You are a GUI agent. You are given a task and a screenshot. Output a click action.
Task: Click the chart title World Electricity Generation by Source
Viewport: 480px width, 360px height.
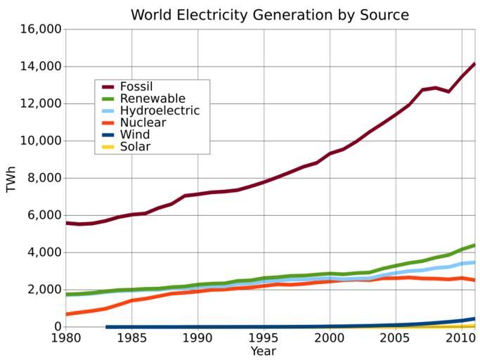(x=269, y=15)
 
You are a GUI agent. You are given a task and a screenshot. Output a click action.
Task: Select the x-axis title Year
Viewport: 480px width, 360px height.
(x=263, y=351)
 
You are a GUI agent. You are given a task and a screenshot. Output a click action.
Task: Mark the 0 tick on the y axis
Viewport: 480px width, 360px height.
(x=56, y=327)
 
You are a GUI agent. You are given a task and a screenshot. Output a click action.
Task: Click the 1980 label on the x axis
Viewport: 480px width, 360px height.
(x=65, y=339)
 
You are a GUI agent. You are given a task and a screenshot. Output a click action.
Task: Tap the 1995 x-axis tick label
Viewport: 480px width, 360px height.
(x=264, y=339)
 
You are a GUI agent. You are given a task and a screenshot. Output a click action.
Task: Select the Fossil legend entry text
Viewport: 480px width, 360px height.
(x=136, y=86)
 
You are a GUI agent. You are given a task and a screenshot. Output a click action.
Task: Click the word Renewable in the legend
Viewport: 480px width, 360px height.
(x=153, y=98)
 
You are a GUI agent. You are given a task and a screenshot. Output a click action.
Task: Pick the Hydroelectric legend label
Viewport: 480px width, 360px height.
(x=160, y=111)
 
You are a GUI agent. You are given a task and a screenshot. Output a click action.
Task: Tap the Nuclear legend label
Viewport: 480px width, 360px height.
(x=143, y=123)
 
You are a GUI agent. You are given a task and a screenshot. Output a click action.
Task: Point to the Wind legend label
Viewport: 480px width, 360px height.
(x=135, y=135)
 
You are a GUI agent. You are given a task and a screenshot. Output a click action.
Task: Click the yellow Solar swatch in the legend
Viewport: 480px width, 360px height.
(x=108, y=147)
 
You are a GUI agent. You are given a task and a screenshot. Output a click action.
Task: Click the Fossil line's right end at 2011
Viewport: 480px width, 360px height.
(x=474, y=64)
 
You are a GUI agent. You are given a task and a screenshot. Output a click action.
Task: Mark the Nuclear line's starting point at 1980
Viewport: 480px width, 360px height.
(x=66, y=314)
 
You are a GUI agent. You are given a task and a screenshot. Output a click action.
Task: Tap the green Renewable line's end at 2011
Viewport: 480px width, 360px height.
(x=474, y=245)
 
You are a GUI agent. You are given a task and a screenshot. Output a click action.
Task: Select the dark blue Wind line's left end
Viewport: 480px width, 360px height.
(x=106, y=327)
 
